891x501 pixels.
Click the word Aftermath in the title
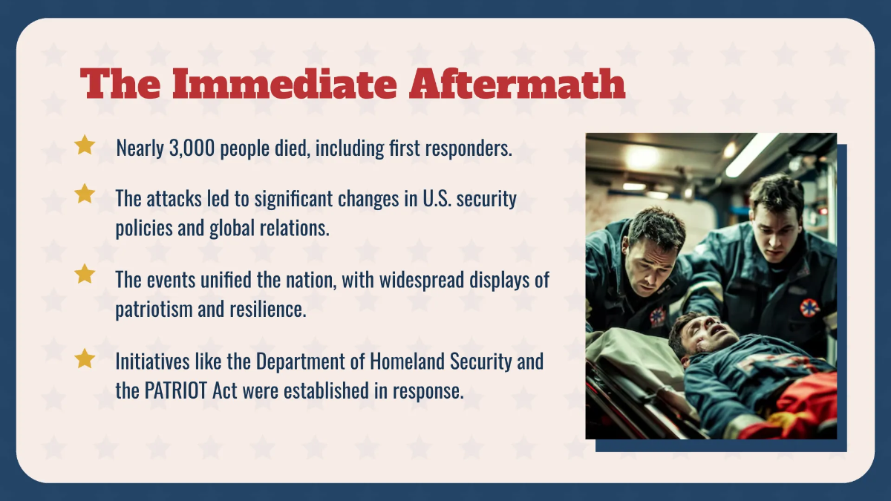click(x=518, y=84)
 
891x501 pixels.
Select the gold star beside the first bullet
click(x=85, y=145)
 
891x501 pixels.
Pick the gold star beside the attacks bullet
click(x=85, y=194)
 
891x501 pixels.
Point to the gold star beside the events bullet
click(x=85, y=274)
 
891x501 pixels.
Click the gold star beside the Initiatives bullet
click(x=85, y=358)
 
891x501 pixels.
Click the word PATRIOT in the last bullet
click(x=174, y=390)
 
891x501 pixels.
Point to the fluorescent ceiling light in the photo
click(x=751, y=154)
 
